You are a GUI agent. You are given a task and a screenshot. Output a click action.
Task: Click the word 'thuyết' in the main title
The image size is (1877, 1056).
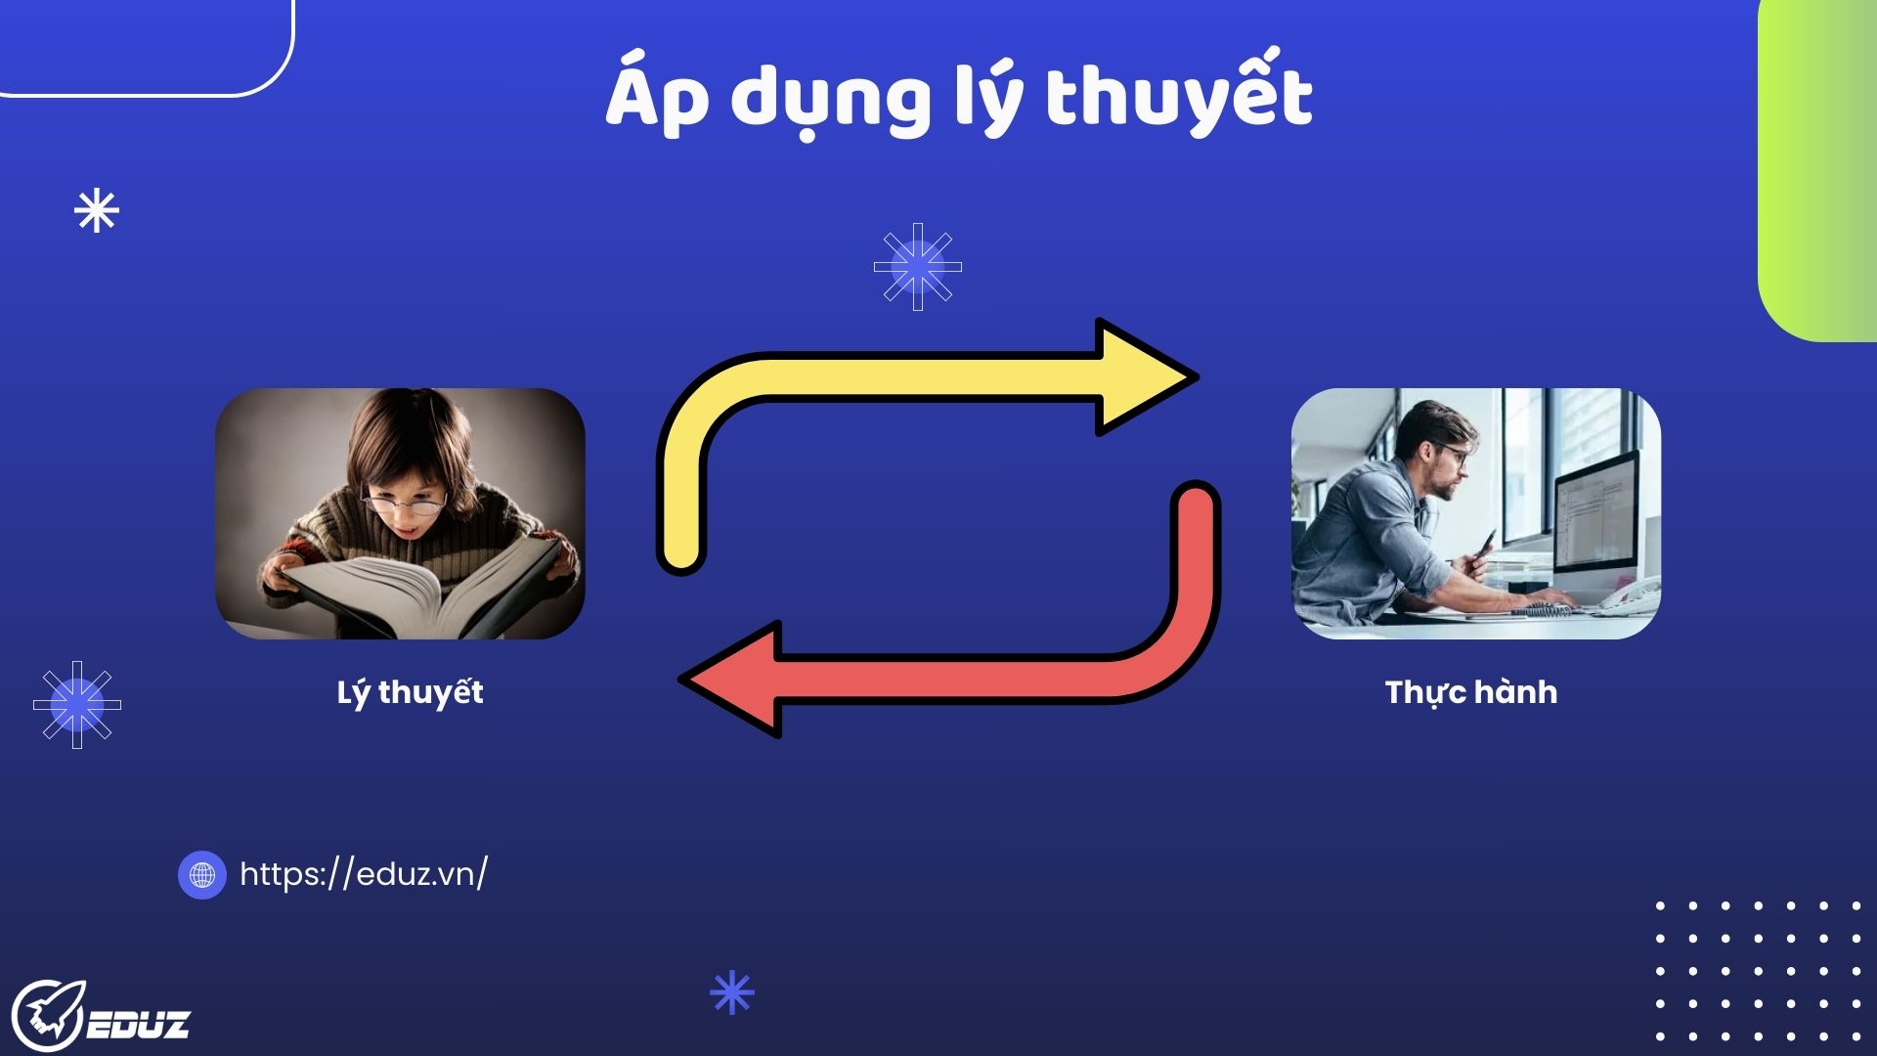point(1178,98)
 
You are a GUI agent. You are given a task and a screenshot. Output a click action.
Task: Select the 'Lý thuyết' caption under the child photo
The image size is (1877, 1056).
point(411,691)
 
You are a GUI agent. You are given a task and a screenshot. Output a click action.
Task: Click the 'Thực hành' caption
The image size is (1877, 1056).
point(1471,692)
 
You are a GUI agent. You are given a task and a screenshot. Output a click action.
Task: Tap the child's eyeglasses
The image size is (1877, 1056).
point(403,504)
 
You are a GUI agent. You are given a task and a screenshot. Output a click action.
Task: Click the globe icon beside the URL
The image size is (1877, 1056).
point(202,874)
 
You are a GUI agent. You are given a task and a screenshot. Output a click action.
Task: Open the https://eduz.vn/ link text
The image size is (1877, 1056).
point(364,873)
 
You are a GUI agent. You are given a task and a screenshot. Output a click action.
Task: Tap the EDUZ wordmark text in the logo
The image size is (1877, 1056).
point(139,1025)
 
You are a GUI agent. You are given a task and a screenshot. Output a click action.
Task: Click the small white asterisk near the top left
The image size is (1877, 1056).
point(97,210)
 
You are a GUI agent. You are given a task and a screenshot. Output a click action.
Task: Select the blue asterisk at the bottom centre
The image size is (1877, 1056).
point(732,993)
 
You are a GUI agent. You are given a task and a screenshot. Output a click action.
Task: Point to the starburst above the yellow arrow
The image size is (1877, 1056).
point(918,267)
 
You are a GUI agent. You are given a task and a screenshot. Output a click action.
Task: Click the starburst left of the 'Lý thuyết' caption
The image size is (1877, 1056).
point(77,704)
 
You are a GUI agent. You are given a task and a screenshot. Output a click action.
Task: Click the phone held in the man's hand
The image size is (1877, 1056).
point(1486,541)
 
